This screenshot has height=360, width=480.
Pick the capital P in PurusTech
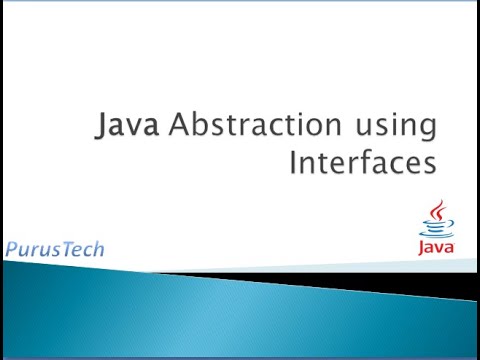click(10, 248)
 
